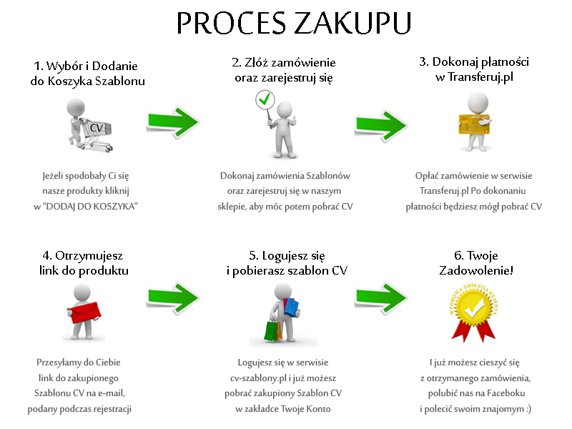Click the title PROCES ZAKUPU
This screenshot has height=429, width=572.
[x=293, y=24]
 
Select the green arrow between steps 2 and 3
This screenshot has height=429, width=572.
[x=382, y=123]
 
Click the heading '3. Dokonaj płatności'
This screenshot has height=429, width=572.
[x=474, y=62]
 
